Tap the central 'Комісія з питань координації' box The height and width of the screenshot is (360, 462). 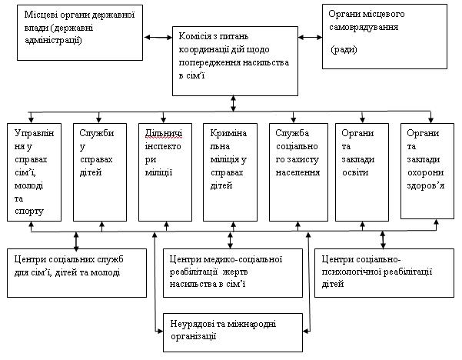[x=231, y=60]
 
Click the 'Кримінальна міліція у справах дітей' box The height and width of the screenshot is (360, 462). [x=229, y=171]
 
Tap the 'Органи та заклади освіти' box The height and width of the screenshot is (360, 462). [x=362, y=171]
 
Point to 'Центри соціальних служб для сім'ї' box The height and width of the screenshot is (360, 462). [x=75, y=272]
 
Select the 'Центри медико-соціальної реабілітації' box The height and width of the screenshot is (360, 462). [x=229, y=272]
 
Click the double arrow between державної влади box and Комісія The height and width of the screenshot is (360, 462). [x=158, y=35]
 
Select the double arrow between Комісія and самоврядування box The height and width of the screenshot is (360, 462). [x=309, y=35]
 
